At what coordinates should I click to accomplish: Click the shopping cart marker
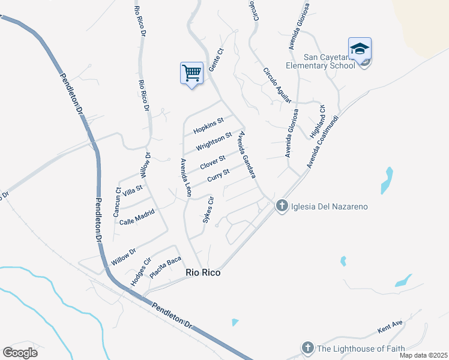click(191, 74)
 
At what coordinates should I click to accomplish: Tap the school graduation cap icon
click(360, 49)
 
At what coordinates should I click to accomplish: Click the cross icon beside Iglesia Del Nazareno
click(282, 206)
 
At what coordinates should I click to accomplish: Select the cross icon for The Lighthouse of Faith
click(307, 348)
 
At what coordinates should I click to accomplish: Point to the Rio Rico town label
click(203, 272)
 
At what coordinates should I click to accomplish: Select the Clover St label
click(212, 162)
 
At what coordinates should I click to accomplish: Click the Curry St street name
click(218, 176)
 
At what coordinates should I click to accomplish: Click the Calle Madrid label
click(137, 217)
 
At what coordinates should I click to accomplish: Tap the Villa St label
click(132, 191)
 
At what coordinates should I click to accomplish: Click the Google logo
click(20, 353)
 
